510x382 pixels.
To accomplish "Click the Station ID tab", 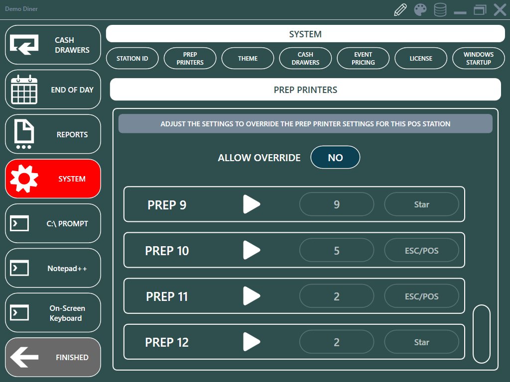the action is coord(132,59).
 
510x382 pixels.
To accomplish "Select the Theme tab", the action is coord(248,59).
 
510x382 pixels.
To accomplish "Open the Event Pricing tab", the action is coord(363,59).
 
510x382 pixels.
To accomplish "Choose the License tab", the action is coord(420,59).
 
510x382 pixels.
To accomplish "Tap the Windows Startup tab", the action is coord(479,59).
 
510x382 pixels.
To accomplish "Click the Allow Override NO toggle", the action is coord(335,158).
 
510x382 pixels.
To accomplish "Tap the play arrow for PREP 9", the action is coord(252,204).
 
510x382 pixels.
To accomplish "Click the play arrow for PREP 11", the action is coord(252,296).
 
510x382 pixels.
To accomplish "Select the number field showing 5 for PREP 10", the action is coord(337,251).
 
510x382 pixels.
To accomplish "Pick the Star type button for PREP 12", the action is coord(421,342).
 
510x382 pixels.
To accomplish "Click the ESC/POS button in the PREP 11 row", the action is coord(421,296).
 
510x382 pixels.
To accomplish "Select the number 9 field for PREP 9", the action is coord(337,204).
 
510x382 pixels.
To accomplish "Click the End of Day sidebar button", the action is coord(53,90).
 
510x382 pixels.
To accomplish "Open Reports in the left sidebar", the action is coord(53,134).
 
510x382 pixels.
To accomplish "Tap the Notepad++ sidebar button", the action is coord(53,268).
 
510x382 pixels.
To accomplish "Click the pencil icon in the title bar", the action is coord(400,10).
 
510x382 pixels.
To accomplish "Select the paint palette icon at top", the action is coord(420,10).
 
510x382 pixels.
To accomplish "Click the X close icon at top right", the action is coord(500,10).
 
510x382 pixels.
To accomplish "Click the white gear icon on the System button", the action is coord(24,179).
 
